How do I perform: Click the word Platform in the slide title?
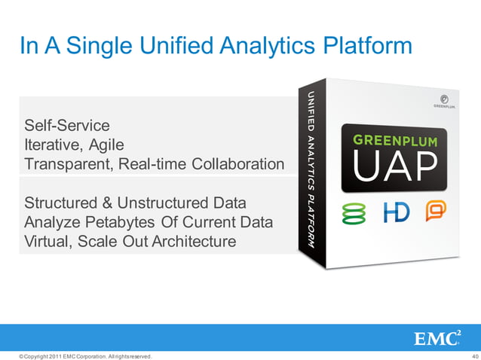pos(366,46)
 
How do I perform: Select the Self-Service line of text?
pos(67,125)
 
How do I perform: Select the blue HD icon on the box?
pos(397,213)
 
